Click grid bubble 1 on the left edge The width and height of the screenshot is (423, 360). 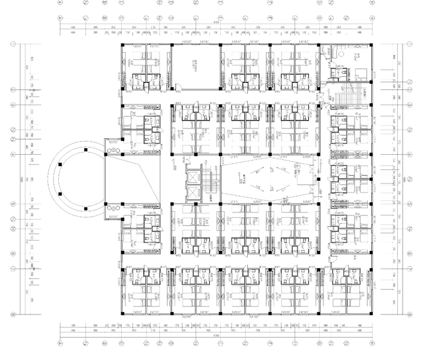point(13,44)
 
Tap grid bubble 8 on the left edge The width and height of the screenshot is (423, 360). point(13,313)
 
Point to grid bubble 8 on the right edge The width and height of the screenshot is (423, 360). point(409,313)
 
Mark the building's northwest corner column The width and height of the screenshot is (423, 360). point(122,45)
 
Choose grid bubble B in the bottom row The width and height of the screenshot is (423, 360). point(87,344)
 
